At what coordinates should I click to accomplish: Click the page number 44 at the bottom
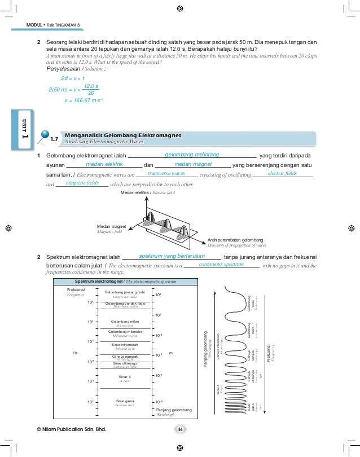tap(181, 430)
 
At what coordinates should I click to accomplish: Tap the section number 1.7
tap(55, 138)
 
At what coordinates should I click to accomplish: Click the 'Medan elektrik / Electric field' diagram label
tap(148, 193)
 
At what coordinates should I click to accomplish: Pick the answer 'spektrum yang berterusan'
tap(172, 256)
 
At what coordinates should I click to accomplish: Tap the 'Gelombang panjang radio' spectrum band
tap(125, 292)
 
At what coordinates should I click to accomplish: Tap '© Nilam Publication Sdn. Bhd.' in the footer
tap(71, 430)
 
